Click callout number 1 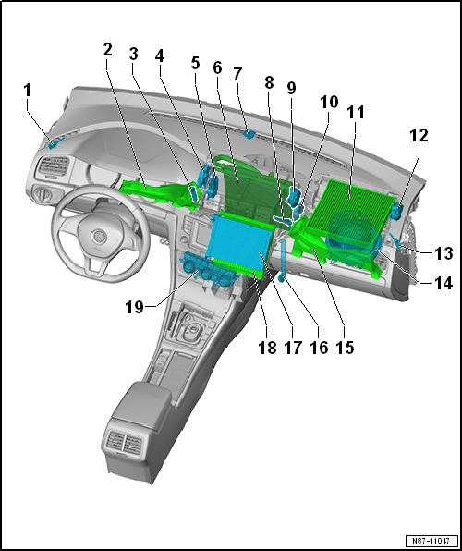click(x=28, y=91)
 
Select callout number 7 click(x=237, y=75)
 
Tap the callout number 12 click(x=418, y=135)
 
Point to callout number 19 click(x=135, y=308)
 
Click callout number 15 click(x=345, y=348)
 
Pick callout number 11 click(x=355, y=113)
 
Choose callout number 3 click(x=133, y=54)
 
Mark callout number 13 click(x=443, y=253)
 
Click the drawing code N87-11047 click(x=432, y=541)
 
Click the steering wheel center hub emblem click(x=98, y=236)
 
